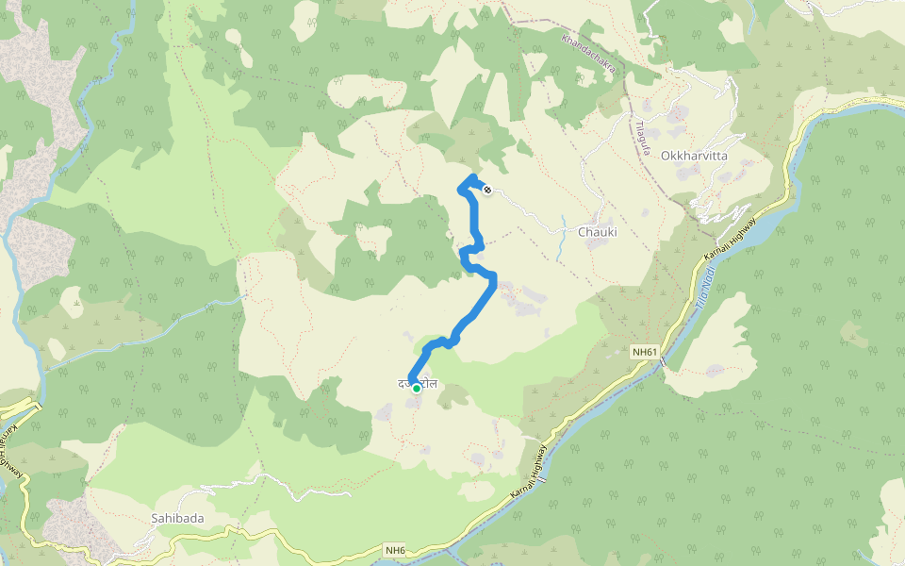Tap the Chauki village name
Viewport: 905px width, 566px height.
pos(597,231)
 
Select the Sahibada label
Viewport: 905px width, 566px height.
pos(177,518)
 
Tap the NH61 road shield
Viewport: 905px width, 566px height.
pos(644,352)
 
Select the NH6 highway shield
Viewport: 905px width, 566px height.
pos(396,550)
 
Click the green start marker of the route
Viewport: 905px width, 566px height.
pos(417,388)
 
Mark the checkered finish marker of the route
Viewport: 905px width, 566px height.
pos(486,191)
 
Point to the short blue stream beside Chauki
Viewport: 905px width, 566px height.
pos(564,247)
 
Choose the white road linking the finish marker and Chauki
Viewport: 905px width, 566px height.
pos(533,213)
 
